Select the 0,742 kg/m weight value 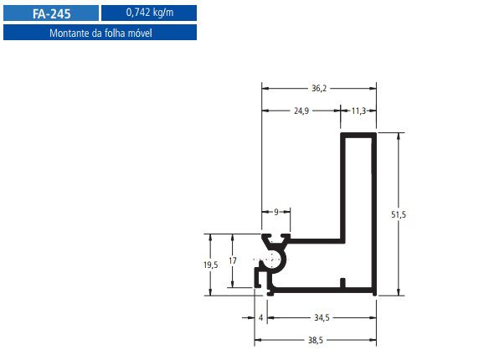pos(149,13)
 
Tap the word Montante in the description pos(70,33)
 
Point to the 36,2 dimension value pos(319,86)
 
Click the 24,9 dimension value pos(303,110)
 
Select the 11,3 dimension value pos(358,110)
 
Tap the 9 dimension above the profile pos(276,213)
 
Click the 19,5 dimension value pos(210,264)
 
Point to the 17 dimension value pos(233,261)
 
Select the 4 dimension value pos(261,318)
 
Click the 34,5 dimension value pos(321,318)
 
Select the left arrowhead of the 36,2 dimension pos(265,86)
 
